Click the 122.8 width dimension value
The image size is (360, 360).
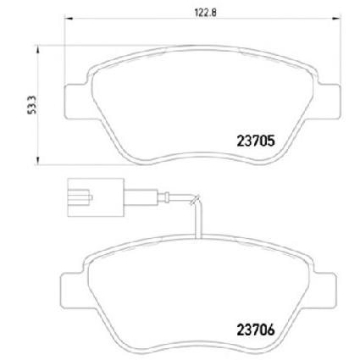206,12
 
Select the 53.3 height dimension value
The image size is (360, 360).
32,105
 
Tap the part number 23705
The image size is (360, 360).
256,141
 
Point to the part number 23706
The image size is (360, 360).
256,330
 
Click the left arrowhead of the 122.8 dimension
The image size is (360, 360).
69,19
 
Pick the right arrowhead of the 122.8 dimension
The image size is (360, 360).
336,19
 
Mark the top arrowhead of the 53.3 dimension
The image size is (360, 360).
37,49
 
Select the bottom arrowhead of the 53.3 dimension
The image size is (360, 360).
37,161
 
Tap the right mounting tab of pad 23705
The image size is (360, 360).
328,102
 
